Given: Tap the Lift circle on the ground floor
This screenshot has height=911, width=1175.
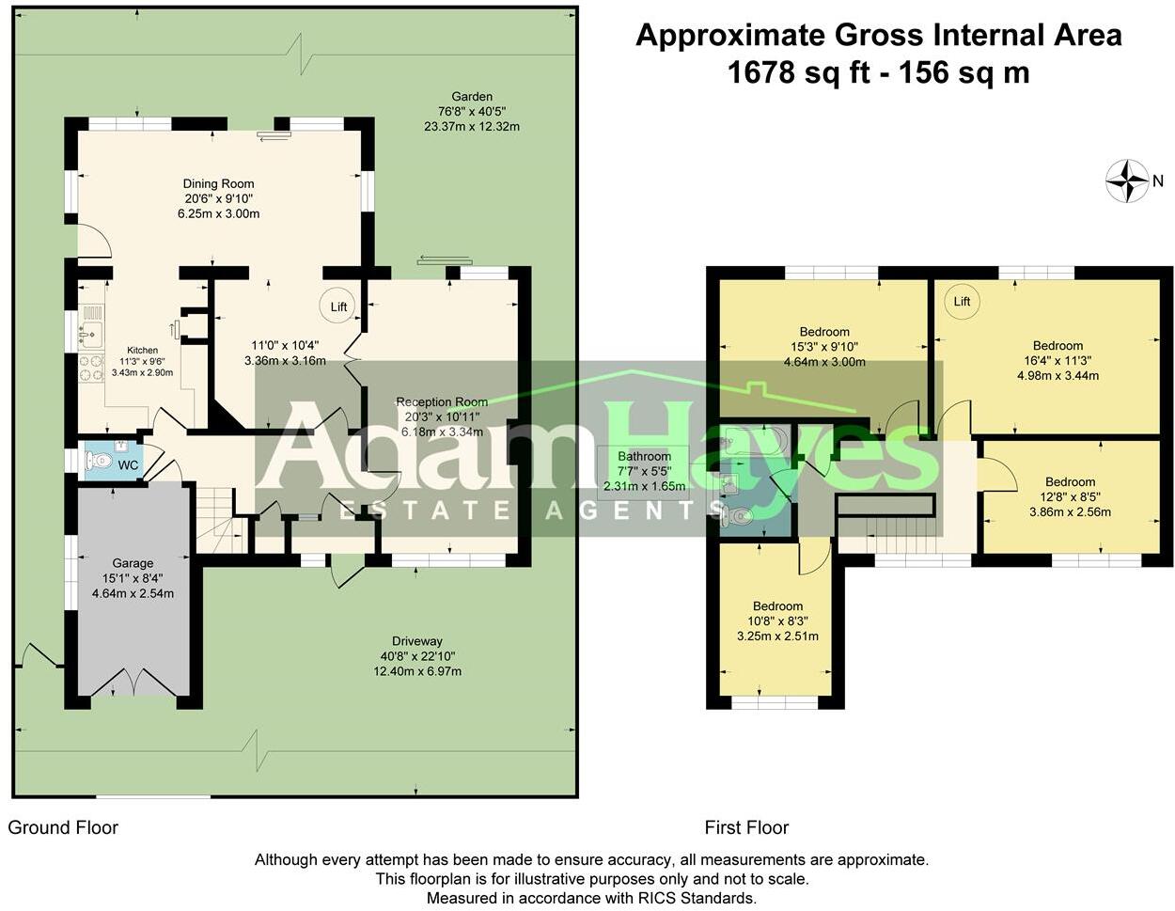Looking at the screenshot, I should pos(337,306).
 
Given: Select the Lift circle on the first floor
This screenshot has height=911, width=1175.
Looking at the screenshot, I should pos(961,301).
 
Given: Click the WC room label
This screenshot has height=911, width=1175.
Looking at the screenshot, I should pos(129,465).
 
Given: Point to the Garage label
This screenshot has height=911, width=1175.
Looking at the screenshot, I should pos(133,563).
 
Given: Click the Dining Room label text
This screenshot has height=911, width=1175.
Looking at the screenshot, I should pos(218,183).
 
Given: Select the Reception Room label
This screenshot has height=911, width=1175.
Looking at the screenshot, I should pos(442,401).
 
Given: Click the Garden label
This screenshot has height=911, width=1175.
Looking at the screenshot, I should pos(472,96).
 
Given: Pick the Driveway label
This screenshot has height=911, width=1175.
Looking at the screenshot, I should pos(417,641).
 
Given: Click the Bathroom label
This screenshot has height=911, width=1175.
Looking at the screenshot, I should pos(644,456).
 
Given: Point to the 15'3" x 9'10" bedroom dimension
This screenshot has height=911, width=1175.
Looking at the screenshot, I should pos(824,346).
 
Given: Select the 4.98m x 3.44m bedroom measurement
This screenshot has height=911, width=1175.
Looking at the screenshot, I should pos(1057,375).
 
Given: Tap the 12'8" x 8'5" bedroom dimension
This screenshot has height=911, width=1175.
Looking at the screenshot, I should pos(1070,496).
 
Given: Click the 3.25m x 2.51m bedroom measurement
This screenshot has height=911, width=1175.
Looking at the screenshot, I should pos(777,636).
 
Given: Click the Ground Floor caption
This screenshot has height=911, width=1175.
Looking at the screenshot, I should pos(63,827).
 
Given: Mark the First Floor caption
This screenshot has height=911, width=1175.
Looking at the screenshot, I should pos(746,827).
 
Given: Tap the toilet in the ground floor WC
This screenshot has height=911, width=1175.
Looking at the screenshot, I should pos(99,461).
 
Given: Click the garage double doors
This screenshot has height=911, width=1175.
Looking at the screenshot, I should pos(133,682).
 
